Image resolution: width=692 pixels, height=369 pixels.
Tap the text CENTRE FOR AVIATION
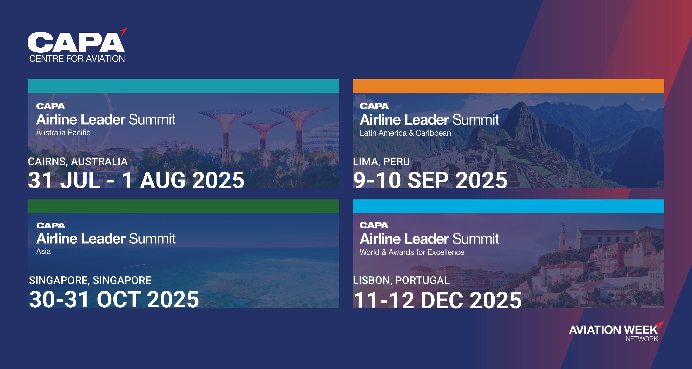pyautogui.click(x=77, y=58)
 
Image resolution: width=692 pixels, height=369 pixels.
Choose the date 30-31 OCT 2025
pyautogui.click(x=114, y=299)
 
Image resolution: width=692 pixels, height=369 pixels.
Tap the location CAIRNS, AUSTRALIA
pyautogui.click(x=78, y=161)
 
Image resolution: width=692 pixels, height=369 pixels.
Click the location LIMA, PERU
pyautogui.click(x=381, y=161)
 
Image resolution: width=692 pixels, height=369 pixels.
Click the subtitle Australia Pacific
pyautogui.click(x=63, y=132)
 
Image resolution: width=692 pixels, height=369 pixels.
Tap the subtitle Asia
pyautogui.click(x=44, y=251)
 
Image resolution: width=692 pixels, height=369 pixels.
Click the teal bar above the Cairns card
pyautogui.click(x=183, y=86)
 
